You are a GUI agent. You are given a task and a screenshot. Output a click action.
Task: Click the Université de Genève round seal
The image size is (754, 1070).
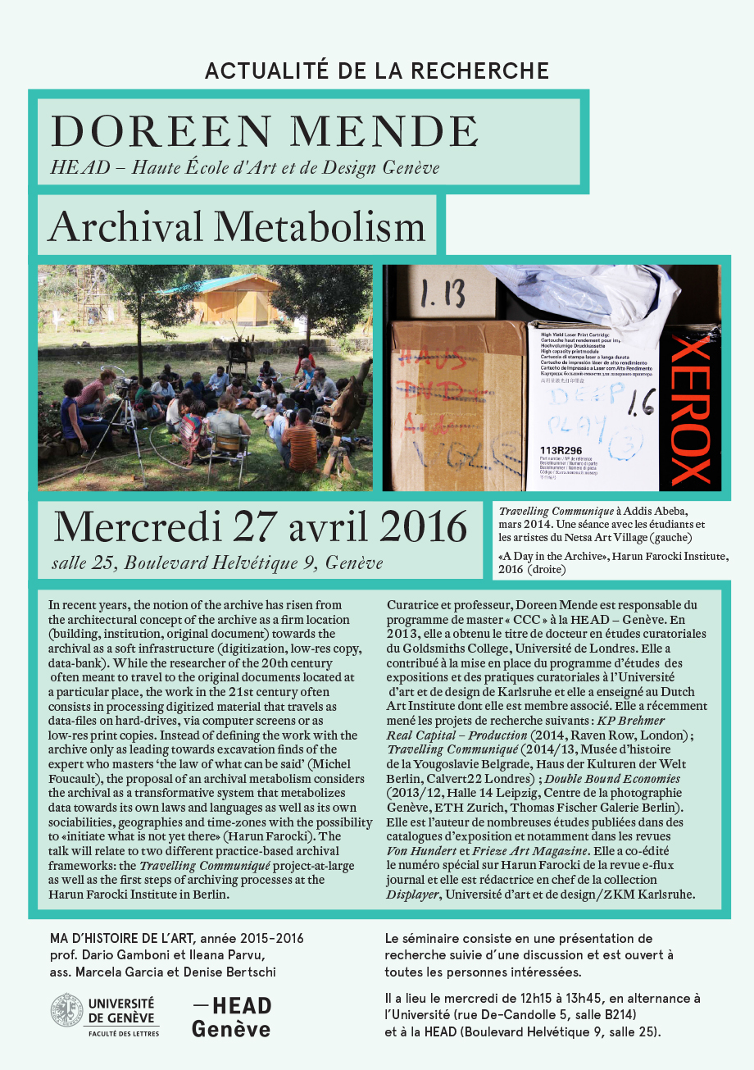coord(66,1009)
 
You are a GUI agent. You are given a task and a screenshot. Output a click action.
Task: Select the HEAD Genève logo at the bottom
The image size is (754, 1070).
coord(231,1017)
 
